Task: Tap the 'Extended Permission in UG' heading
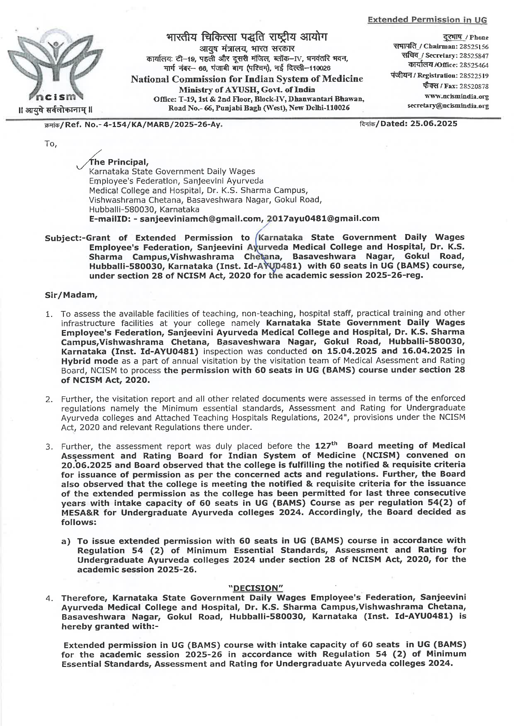pos(427,20)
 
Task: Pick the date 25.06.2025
pos(434,124)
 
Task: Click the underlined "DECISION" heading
pos(256,588)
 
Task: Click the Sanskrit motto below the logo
pos(55,110)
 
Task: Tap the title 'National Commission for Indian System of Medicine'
pos(247,79)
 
